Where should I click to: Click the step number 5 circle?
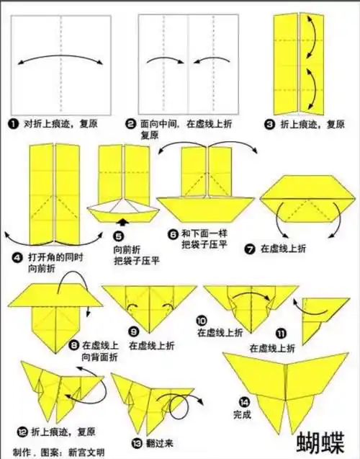click(119, 235)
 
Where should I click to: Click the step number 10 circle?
click(202, 320)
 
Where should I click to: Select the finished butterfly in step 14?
click(287, 386)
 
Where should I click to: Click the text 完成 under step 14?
click(243, 415)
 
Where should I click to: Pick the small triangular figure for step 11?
click(315, 317)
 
